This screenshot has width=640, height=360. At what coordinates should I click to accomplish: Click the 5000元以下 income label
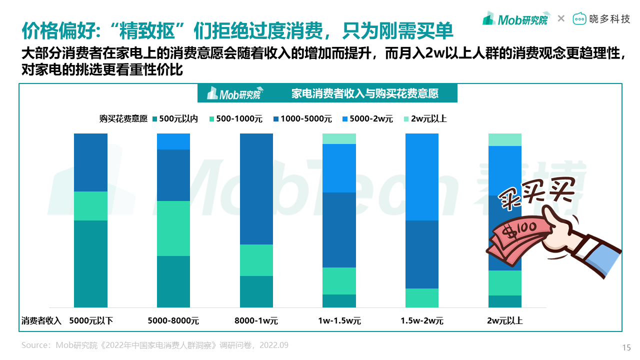(x=91, y=320)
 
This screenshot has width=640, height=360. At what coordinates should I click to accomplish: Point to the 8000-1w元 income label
(x=256, y=320)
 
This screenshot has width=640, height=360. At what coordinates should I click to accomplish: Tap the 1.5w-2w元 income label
(x=422, y=320)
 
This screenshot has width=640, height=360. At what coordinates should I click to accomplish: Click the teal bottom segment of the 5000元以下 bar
(x=90, y=263)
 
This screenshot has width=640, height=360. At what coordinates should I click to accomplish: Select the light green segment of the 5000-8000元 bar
(x=173, y=228)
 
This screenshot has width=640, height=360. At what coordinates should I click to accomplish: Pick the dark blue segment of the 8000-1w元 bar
(x=256, y=188)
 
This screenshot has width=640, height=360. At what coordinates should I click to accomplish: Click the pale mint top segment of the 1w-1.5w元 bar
(x=339, y=138)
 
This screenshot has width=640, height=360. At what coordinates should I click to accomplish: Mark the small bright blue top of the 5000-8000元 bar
(x=173, y=141)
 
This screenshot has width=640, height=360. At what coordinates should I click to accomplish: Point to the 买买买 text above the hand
(x=535, y=194)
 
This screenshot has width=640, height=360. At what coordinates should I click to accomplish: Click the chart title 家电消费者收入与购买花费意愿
(x=365, y=93)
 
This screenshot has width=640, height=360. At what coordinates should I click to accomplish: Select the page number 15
(x=626, y=348)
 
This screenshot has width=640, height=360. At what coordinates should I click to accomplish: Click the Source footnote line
(x=155, y=345)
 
